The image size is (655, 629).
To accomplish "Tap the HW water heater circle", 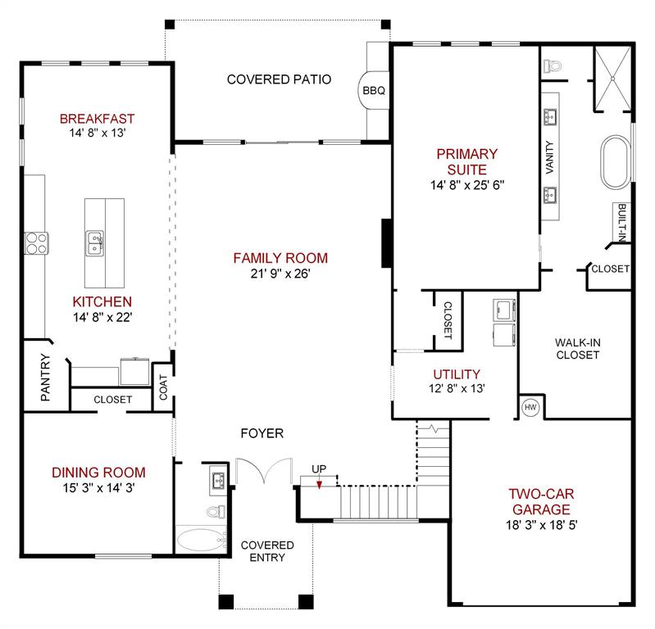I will point(529,406).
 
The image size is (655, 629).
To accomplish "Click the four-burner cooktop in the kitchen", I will point(37,242).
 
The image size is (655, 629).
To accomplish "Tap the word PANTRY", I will point(46,378).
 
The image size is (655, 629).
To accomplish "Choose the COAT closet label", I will point(163,387).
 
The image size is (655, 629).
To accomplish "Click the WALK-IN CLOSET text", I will point(577,349).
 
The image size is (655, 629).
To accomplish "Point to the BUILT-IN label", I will point(622,223).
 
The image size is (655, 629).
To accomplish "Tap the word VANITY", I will point(548,157).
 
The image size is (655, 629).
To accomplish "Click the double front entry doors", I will point(263,473).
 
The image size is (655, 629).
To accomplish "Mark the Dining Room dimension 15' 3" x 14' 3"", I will point(98,489).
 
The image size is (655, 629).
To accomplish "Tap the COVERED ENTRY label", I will point(266,551).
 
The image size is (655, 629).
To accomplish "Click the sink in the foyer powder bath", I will point(218,481).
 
